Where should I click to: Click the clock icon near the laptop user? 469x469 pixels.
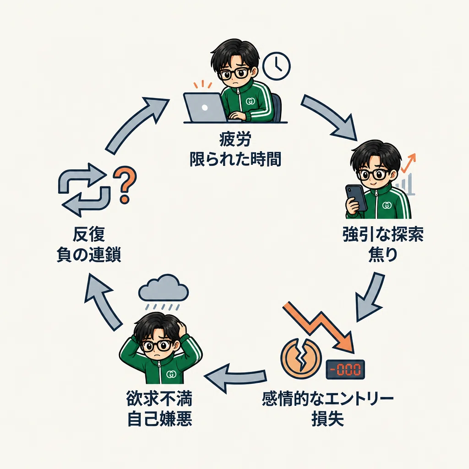tap(276, 66)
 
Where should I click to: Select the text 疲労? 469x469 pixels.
tap(235, 139)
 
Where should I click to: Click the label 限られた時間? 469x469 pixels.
tap(235, 159)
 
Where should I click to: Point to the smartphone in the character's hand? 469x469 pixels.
tap(356, 198)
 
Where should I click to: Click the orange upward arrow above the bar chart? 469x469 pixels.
tap(409, 164)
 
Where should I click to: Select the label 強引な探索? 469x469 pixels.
tap(383, 234)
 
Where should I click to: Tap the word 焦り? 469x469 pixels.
tap(383, 255)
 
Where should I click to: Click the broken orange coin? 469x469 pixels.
tap(300, 358)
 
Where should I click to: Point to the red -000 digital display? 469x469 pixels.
tap(345, 370)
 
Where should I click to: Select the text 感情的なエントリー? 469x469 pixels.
tap(328, 399)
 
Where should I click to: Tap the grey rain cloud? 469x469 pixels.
tap(164, 289)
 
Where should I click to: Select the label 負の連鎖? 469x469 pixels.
tap(89, 255)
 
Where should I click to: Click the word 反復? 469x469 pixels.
tap(89, 234)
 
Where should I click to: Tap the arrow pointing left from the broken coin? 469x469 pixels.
tap(235, 377)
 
